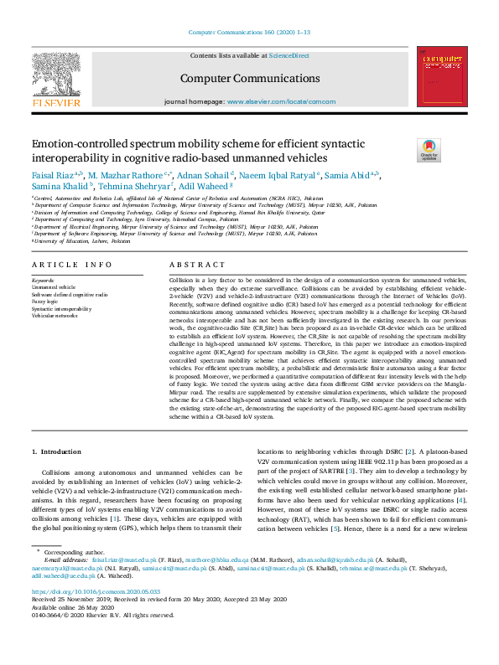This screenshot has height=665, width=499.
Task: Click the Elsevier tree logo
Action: coord(56,74)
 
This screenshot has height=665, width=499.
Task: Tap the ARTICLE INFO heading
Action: coord(71,265)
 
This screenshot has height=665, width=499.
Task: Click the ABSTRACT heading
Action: coord(191,265)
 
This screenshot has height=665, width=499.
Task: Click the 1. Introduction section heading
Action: coord(56,451)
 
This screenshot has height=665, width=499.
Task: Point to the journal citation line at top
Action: coord(249,32)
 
